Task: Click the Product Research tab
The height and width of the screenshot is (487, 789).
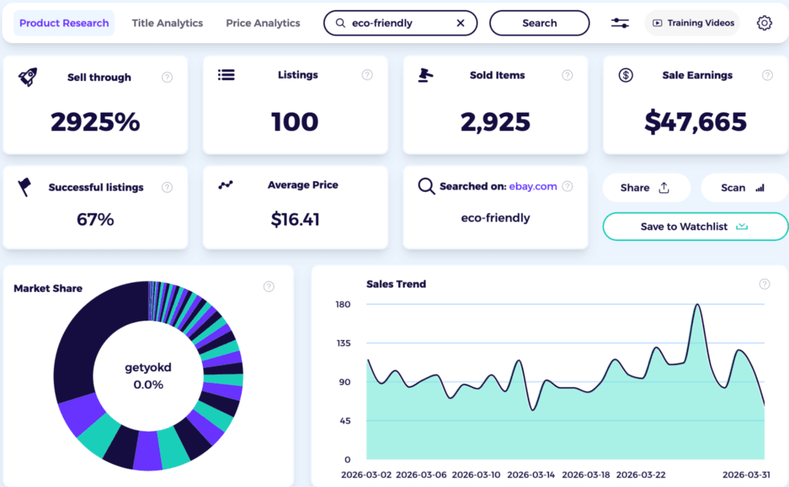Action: tap(64, 23)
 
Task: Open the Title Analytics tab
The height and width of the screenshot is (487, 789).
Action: tap(167, 23)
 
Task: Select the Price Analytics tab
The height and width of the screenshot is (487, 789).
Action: tap(263, 23)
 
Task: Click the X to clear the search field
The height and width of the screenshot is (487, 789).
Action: tap(461, 23)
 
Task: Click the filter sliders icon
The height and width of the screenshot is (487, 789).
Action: tap(619, 23)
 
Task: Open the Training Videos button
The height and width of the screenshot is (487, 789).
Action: tap(692, 23)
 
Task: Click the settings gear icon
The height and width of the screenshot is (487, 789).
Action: tap(764, 23)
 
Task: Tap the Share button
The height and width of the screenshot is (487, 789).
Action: tap(645, 187)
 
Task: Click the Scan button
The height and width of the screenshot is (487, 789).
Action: tap(743, 187)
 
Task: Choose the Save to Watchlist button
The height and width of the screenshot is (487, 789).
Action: tap(695, 227)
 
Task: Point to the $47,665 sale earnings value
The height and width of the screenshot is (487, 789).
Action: tap(696, 122)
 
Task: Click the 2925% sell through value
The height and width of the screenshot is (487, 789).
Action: tap(96, 122)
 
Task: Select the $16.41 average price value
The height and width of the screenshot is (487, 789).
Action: tap(295, 220)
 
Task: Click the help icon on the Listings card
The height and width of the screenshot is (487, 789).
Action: tap(368, 75)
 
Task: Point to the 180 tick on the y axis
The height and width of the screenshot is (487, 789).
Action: tap(343, 304)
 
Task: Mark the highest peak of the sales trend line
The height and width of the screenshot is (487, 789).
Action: tap(697, 304)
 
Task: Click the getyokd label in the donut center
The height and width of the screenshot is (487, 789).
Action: tap(148, 368)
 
